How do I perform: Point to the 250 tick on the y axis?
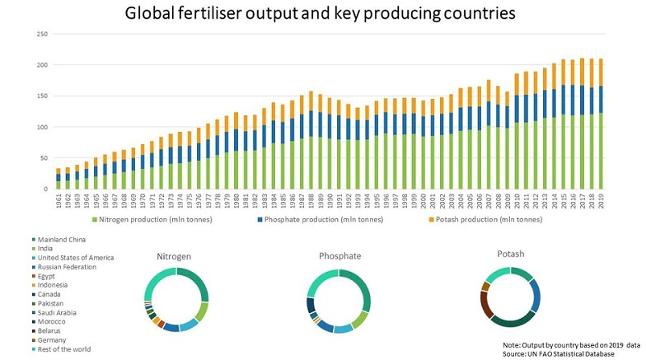pyautogui.click(x=43, y=34)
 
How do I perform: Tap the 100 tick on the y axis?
pyautogui.click(x=43, y=127)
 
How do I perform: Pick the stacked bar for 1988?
pyautogui.click(x=311, y=140)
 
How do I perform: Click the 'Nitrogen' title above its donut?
pyautogui.click(x=176, y=256)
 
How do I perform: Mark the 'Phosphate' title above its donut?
pyautogui.click(x=339, y=256)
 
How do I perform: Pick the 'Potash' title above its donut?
pyautogui.click(x=511, y=255)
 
